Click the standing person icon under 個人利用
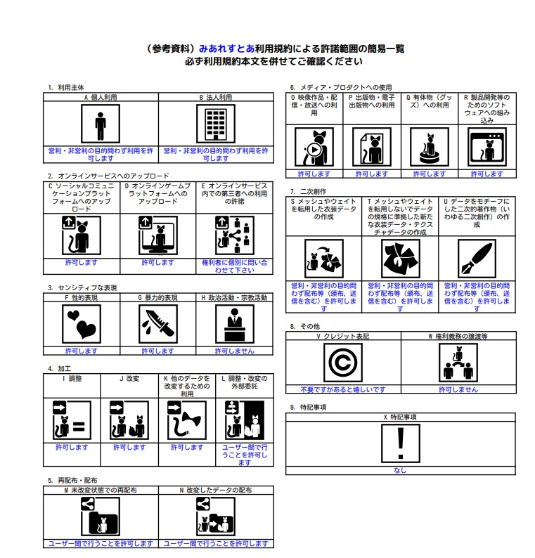click(x=101, y=126)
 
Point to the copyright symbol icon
click(x=343, y=363)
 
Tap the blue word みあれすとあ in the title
click(x=224, y=49)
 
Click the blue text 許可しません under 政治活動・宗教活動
click(x=234, y=351)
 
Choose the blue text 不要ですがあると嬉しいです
click(x=343, y=389)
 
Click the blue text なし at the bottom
click(x=400, y=471)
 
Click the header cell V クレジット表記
click(x=343, y=337)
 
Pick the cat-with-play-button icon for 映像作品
click(x=314, y=147)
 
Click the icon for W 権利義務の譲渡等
click(x=458, y=363)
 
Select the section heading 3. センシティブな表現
click(x=82, y=287)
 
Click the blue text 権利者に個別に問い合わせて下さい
click(x=234, y=266)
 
